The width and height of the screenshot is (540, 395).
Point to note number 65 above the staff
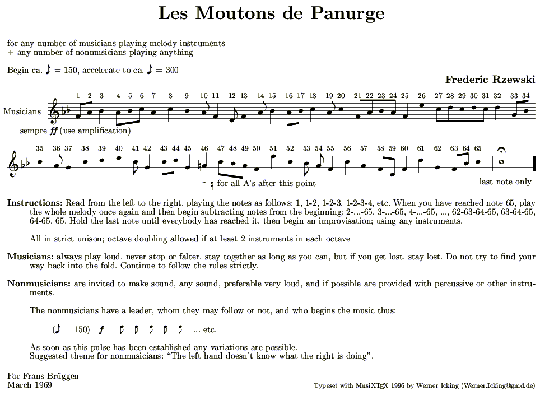pyautogui.click(x=477, y=148)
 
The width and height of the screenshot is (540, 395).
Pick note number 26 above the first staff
pyautogui.click(x=421, y=95)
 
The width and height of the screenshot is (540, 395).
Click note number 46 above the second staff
pyautogui.click(x=204, y=148)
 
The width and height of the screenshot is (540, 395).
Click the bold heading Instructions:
pyautogui.click(x=35, y=202)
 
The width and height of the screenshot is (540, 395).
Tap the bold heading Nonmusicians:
pyautogui.click(x=39, y=283)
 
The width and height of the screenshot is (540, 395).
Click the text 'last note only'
pyautogui.click(x=505, y=182)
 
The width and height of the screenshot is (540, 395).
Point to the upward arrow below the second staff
pyautogui.click(x=204, y=183)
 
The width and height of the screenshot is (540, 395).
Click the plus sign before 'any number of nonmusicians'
pyautogui.click(x=11, y=53)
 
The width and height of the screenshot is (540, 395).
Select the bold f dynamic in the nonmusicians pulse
pyautogui.click(x=101, y=329)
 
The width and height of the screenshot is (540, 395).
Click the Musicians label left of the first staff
pyautogui.click(x=22, y=111)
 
